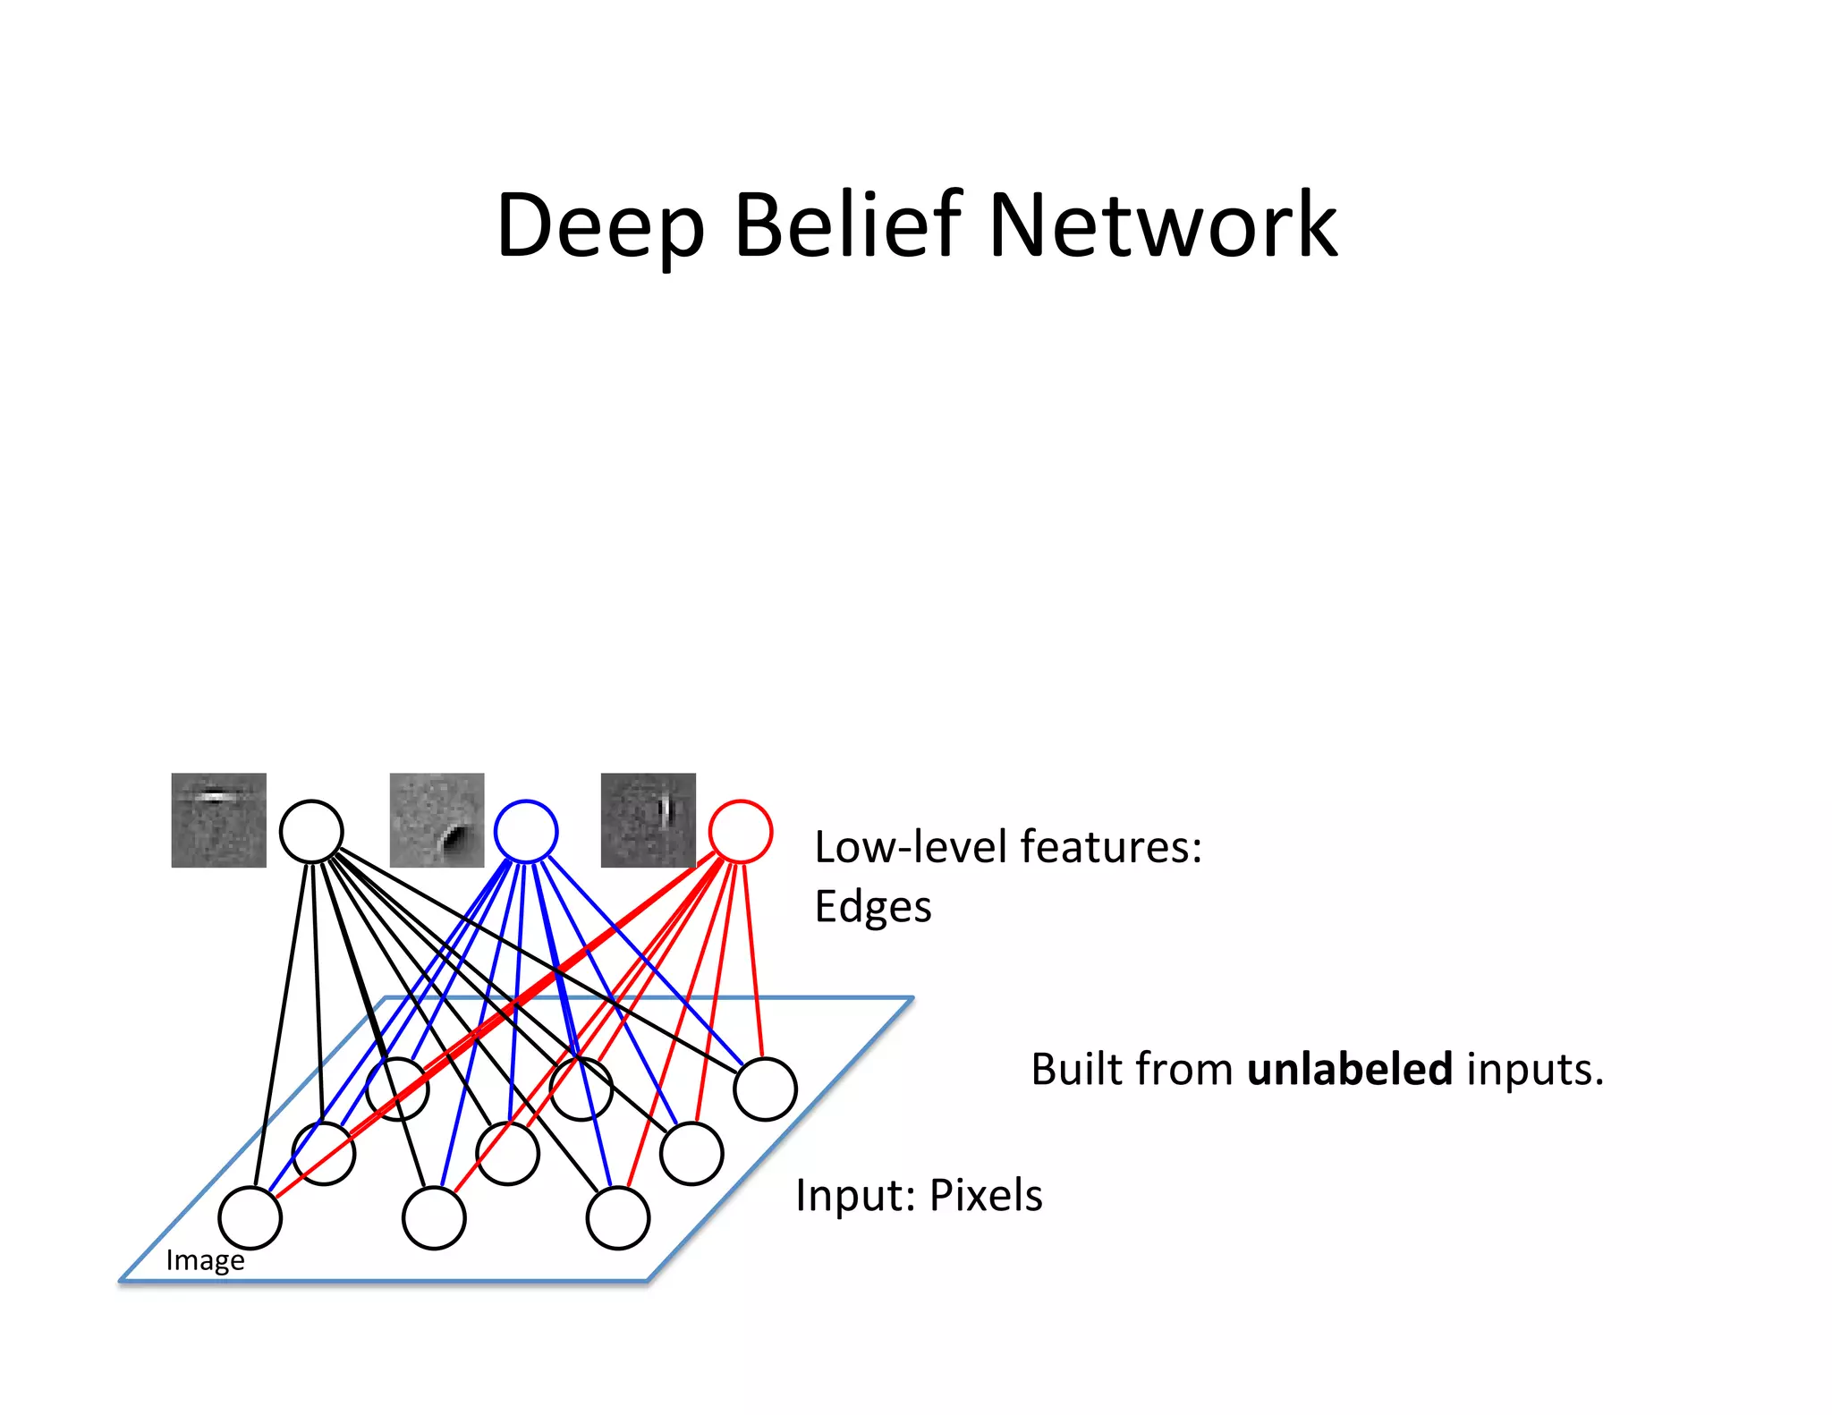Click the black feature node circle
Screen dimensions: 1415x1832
coord(311,831)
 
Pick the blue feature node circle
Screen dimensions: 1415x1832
coord(526,831)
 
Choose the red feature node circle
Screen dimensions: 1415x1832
coord(741,831)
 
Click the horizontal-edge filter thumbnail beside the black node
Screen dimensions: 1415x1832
coord(218,820)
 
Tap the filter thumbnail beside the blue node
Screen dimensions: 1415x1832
coord(437,820)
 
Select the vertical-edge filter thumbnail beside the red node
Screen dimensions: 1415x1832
coord(648,820)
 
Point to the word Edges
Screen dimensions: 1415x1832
coord(872,907)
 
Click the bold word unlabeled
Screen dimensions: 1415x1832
coord(1349,1069)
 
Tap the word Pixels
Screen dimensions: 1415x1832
coord(986,1195)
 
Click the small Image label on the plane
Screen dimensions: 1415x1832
coord(205,1260)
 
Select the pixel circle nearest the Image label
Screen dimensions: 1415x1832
coord(250,1217)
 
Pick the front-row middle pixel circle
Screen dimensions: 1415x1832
coord(434,1217)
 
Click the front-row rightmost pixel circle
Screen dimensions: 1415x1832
coord(617,1217)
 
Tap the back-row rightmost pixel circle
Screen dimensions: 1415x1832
coord(765,1089)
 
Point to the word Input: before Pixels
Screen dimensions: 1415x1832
coord(855,1195)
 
